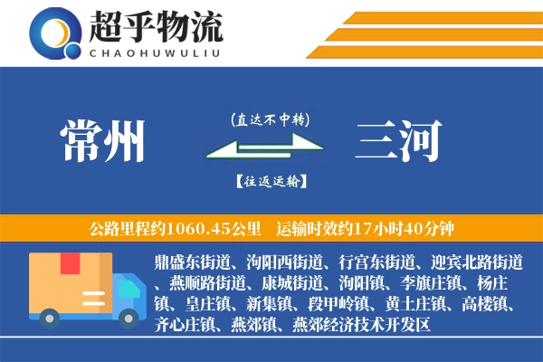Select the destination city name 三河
coord(398,143)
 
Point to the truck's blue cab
coord(123,290)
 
